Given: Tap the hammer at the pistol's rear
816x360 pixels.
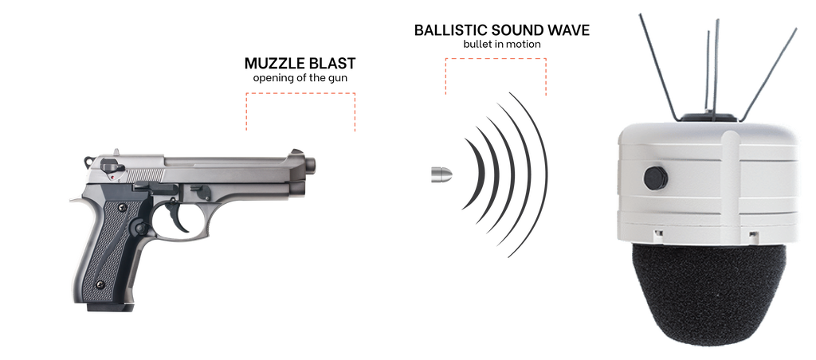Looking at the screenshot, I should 88,162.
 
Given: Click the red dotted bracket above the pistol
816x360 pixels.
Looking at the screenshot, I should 301,92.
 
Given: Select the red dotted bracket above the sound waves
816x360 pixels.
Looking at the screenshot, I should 495,57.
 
